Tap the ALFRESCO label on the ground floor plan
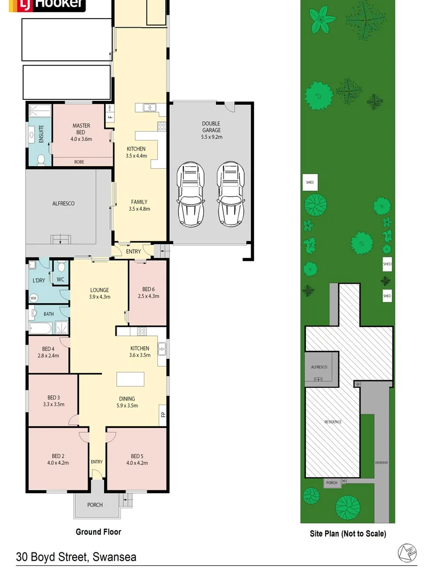coord(63,204)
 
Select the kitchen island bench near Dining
coord(132,378)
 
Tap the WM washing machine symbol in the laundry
coord(33,298)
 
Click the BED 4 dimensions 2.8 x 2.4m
coord(48,355)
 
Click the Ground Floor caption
coord(98,532)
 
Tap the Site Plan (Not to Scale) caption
coord(347,533)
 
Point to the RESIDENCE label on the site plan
coord(333,422)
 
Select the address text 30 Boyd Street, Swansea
coord(76,557)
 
